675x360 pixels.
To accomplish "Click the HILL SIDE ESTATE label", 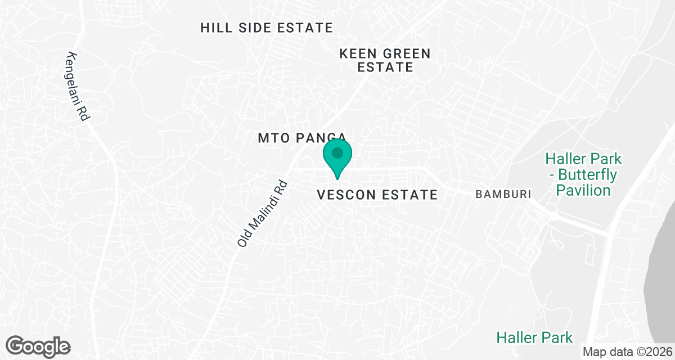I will (x=267, y=28).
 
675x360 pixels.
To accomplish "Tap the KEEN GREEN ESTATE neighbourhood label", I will (x=385, y=60).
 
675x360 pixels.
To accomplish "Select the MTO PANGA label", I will (x=301, y=137).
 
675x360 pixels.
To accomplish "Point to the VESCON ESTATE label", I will (x=377, y=195).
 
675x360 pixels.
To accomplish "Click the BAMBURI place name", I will (x=503, y=195).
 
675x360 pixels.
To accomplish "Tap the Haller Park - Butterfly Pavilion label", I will (x=583, y=174).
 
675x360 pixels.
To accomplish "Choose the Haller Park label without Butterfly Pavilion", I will (x=534, y=337).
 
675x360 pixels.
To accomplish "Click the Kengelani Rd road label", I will (x=78, y=85).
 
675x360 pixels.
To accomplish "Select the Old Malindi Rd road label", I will (x=263, y=214).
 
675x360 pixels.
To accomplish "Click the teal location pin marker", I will (x=337, y=155).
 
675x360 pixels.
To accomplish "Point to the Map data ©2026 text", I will (x=627, y=352).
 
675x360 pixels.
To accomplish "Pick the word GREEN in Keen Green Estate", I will (x=403, y=54).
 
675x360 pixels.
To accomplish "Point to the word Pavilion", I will (x=583, y=190).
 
